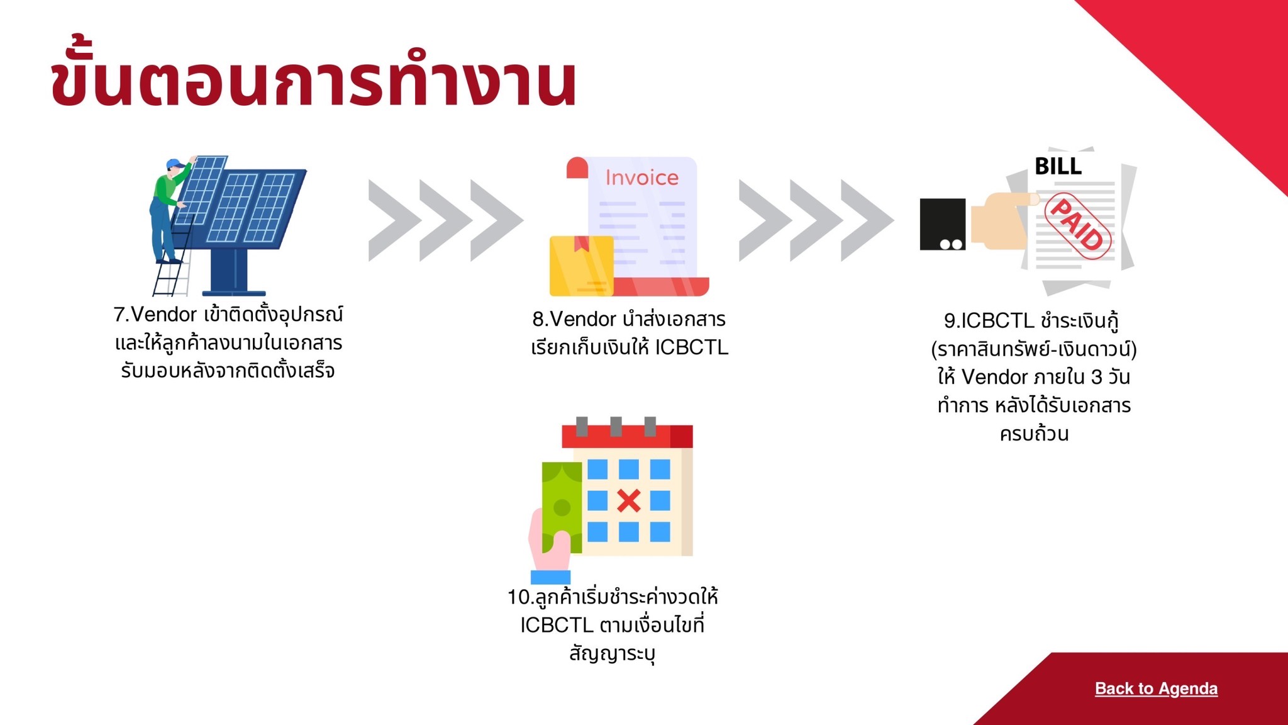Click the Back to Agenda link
pyautogui.click(x=1156, y=688)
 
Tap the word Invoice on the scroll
pyautogui.click(x=641, y=177)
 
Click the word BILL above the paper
pyautogui.click(x=1058, y=166)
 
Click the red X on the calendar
pyautogui.click(x=629, y=501)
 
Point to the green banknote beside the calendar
pyautogui.click(x=562, y=507)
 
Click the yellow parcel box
pyautogui.click(x=582, y=266)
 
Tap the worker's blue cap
pyautogui.click(x=175, y=164)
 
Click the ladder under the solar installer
pyautogui.click(x=172, y=264)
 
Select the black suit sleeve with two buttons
pyautogui.click(x=943, y=224)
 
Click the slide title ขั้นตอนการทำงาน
pyautogui.click(x=313, y=79)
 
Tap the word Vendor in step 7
pyautogui.click(x=164, y=315)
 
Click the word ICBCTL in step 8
pyautogui.click(x=691, y=347)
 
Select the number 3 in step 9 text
pyautogui.click(x=1097, y=377)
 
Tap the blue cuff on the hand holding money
pyautogui.click(x=550, y=577)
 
